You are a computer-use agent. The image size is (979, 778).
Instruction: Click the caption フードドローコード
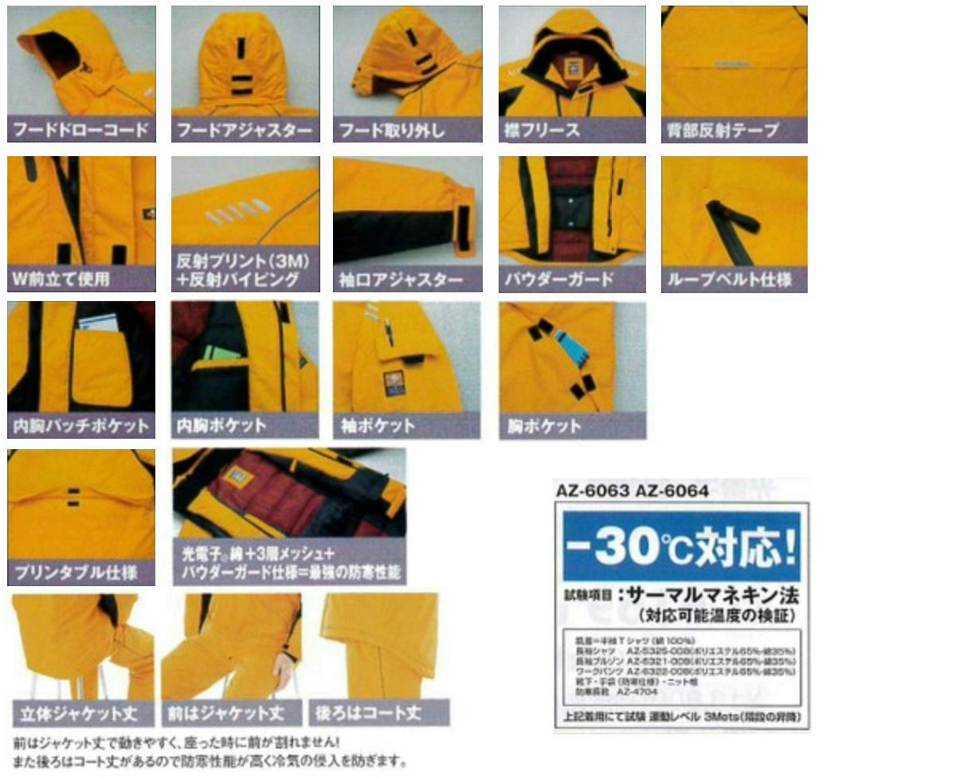click(x=81, y=130)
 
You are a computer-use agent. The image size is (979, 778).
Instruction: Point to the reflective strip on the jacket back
click(x=734, y=62)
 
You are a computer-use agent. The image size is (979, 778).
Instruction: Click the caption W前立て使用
click(x=61, y=279)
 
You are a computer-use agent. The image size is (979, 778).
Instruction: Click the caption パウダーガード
click(x=558, y=280)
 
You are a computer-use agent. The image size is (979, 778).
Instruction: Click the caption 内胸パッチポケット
click(x=81, y=425)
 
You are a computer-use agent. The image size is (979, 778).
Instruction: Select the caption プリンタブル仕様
click(x=75, y=572)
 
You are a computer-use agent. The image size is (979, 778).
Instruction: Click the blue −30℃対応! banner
click(x=681, y=545)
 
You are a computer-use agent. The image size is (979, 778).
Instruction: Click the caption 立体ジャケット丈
click(x=77, y=711)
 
